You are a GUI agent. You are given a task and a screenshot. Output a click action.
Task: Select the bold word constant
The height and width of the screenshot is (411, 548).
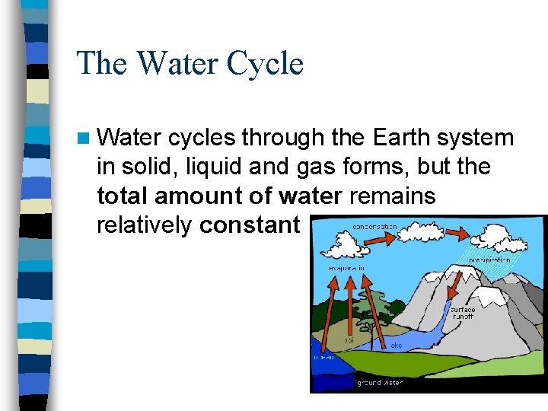pos(249,225)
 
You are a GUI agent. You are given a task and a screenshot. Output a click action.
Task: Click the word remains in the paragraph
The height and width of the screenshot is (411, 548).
pos(392,196)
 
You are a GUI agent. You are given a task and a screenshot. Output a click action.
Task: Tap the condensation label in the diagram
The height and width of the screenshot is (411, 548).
pos(374,227)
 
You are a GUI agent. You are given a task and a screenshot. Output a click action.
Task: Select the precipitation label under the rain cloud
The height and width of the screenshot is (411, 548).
pos(489,260)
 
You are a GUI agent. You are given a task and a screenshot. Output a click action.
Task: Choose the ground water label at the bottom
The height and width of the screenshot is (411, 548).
pos(380,383)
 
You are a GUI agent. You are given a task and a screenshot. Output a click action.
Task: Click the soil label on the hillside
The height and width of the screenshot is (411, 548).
pos(349,339)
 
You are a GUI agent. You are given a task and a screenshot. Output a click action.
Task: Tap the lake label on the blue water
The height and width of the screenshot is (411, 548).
pos(397,346)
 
